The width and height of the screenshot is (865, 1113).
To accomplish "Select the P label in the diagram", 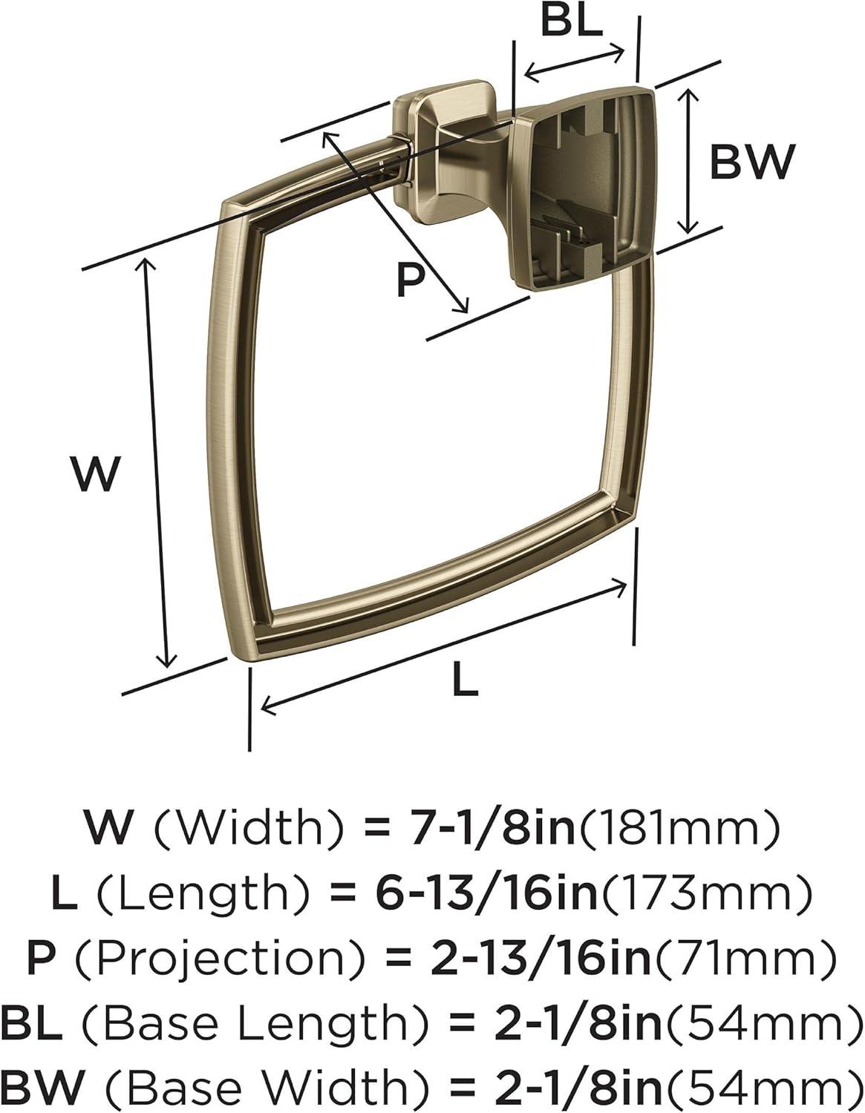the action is pyautogui.click(x=411, y=280).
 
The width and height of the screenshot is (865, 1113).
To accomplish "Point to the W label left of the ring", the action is pyautogui.click(x=97, y=474).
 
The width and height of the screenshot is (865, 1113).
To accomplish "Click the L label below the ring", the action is pyautogui.click(x=466, y=678).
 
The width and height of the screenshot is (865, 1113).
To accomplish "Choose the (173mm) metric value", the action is pyautogui.click(x=705, y=894).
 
